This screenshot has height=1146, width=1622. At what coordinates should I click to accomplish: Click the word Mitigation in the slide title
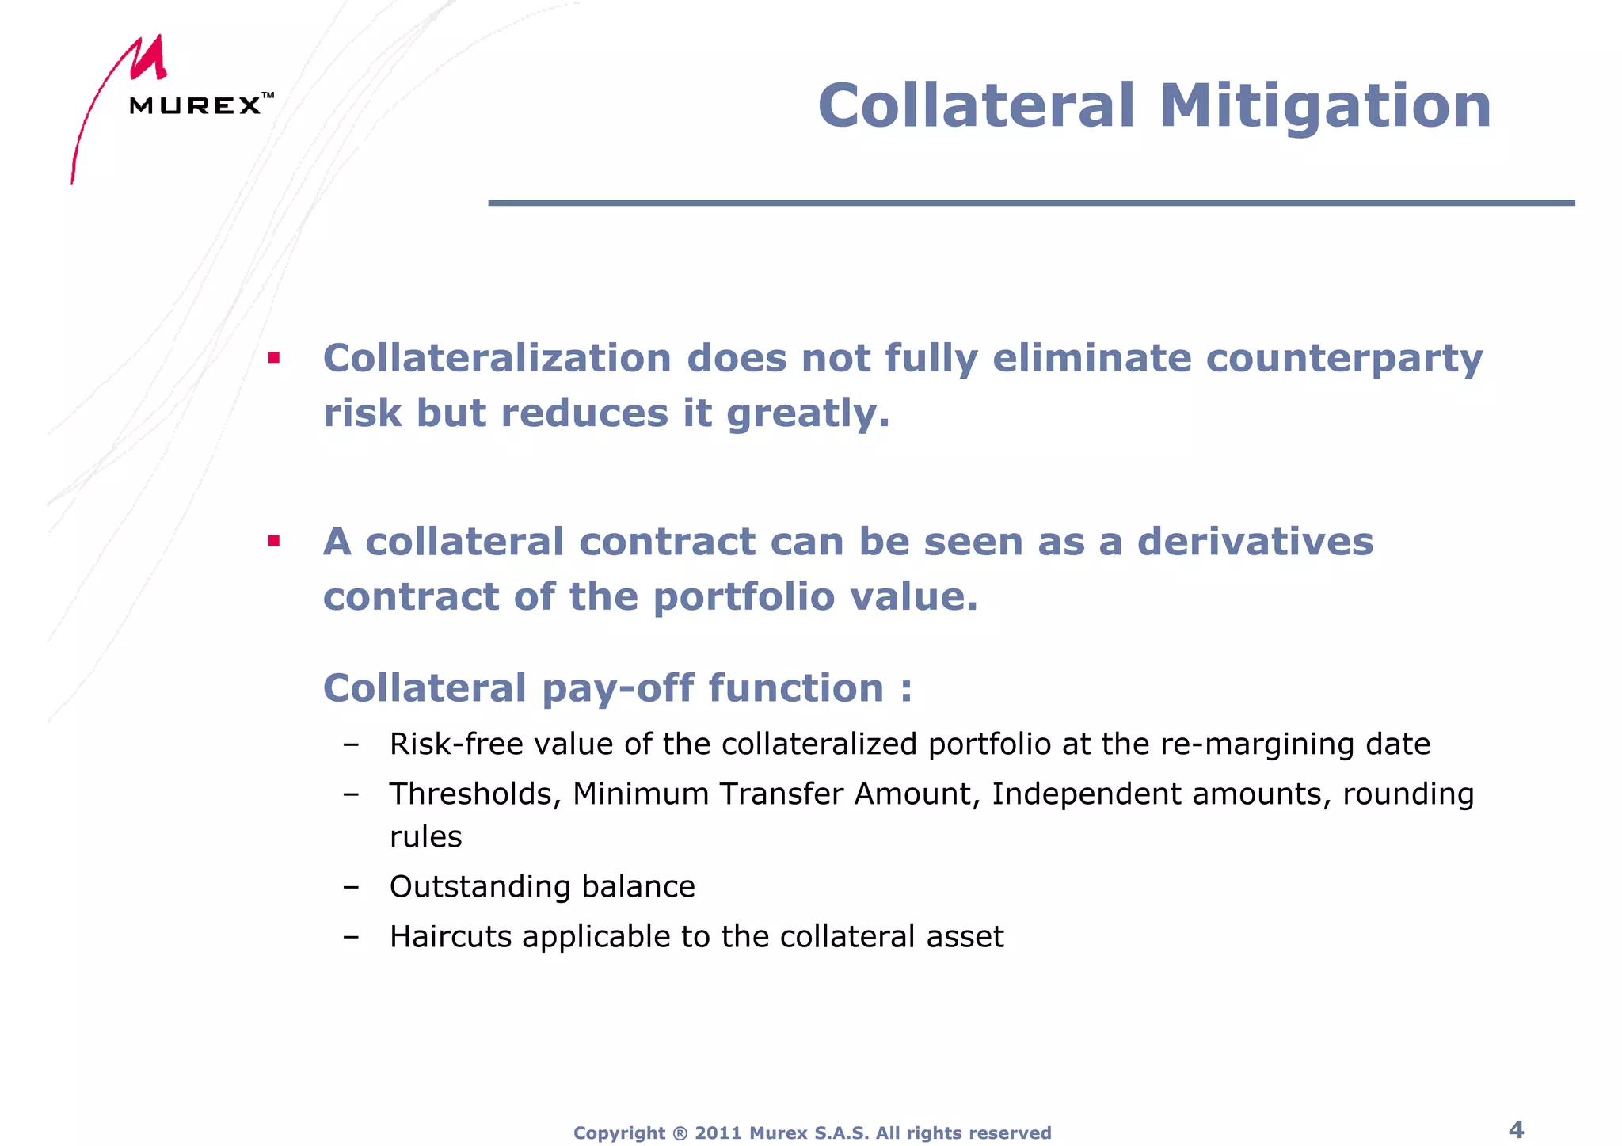(x=1325, y=106)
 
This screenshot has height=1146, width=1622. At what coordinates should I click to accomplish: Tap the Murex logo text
(x=195, y=105)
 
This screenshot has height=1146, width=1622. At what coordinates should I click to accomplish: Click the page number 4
(x=1516, y=1129)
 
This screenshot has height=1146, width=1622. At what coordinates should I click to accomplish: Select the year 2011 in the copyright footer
(x=718, y=1133)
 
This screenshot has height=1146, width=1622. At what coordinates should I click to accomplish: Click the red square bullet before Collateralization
(x=274, y=358)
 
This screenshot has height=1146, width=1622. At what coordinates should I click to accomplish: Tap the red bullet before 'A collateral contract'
(x=274, y=542)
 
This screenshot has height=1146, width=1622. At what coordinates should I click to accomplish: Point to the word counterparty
(x=1344, y=359)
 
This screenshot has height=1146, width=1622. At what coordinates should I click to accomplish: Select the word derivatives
(x=1255, y=543)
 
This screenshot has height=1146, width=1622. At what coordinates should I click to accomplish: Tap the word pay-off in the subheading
(x=618, y=687)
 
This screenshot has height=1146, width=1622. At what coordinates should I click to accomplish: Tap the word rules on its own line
(x=425, y=837)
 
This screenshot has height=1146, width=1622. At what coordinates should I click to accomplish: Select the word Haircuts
(x=450, y=937)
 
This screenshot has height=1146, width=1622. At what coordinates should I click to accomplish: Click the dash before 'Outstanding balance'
(x=351, y=887)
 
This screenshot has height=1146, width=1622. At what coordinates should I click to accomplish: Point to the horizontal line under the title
(x=1030, y=204)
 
